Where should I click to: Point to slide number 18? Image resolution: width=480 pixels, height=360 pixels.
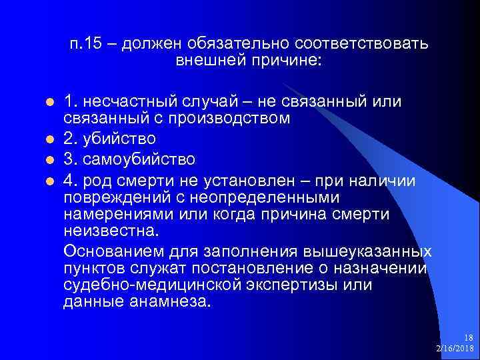[x=468, y=338]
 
